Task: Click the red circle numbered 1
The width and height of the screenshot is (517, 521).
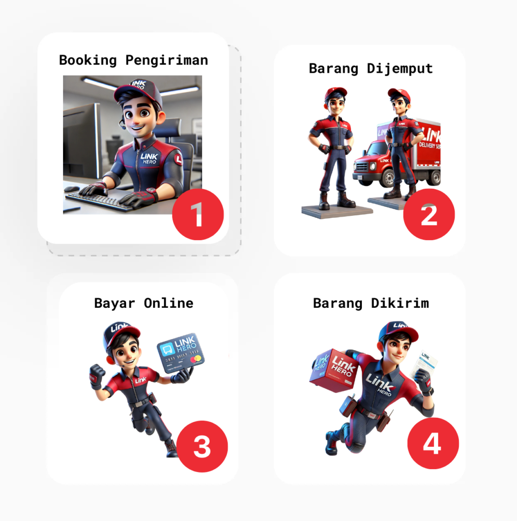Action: click(x=198, y=214)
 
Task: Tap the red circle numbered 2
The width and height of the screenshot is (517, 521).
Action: click(x=429, y=214)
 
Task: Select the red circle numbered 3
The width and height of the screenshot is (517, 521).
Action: click(x=202, y=446)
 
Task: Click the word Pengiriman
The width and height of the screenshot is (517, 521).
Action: click(x=166, y=60)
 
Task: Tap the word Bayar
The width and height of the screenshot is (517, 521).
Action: click(x=115, y=303)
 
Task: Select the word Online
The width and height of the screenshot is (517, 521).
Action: click(x=168, y=303)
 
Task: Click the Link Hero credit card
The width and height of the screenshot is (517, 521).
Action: click(x=180, y=354)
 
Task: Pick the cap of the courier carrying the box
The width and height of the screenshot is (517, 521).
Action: click(x=398, y=331)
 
